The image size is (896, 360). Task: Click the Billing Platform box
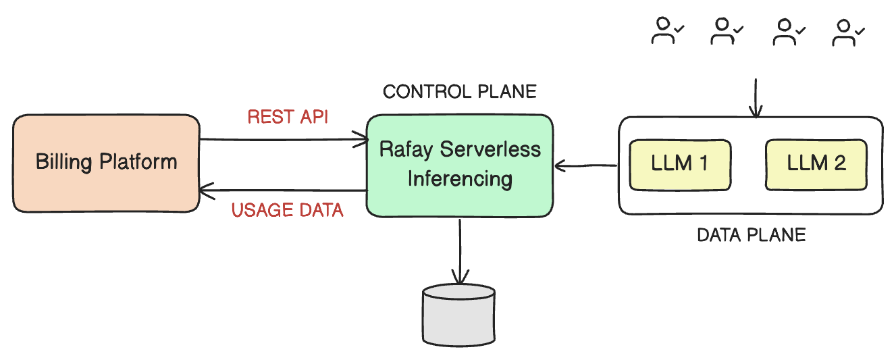[x=106, y=163]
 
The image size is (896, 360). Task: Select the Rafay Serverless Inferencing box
[x=460, y=165]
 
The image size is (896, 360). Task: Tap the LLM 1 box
[x=680, y=164]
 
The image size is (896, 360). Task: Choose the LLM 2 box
[x=816, y=164]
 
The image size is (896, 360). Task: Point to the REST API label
[x=288, y=117]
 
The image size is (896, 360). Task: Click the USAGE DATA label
[x=288, y=211]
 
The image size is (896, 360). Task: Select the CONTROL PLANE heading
[x=460, y=92]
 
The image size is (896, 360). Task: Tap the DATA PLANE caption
[x=751, y=235]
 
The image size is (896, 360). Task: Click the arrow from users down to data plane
[x=755, y=98]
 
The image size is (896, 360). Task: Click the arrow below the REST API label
[x=284, y=140]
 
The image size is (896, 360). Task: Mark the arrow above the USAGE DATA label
[x=284, y=191]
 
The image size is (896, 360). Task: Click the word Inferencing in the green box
[x=460, y=179]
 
